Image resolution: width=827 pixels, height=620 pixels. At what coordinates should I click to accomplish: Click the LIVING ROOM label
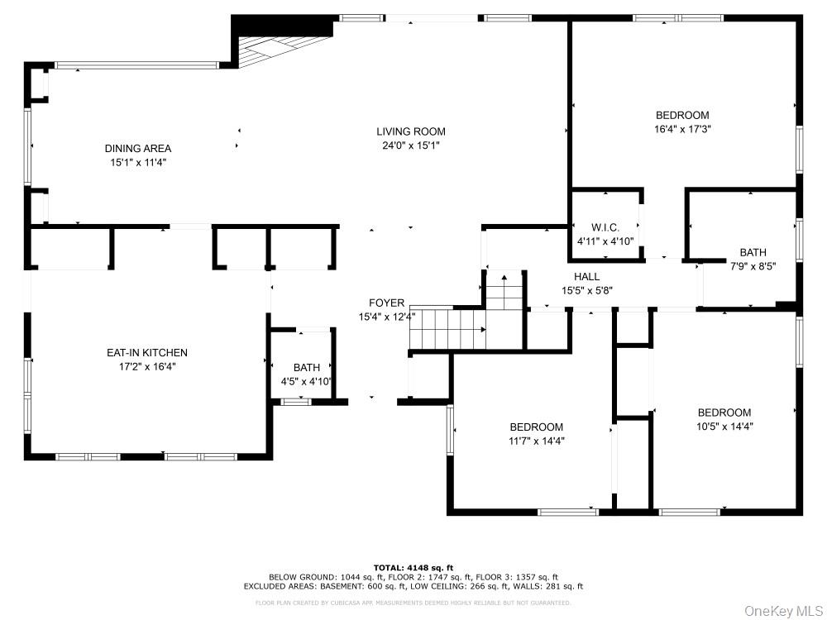point(411,131)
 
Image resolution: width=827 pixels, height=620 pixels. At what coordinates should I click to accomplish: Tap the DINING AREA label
point(138,149)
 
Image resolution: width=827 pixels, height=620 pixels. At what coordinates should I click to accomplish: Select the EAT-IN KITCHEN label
point(147,353)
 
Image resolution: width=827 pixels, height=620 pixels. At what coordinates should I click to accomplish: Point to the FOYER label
point(386,303)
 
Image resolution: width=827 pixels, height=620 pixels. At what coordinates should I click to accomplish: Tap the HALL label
point(587,276)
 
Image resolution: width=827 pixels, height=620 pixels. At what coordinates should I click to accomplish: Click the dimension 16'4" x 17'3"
point(682,129)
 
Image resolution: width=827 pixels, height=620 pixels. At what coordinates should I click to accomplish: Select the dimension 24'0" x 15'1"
point(411,145)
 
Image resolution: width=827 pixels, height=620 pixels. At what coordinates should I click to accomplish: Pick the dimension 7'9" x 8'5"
point(753,266)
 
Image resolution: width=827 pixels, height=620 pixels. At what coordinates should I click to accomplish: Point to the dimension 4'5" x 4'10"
point(307,381)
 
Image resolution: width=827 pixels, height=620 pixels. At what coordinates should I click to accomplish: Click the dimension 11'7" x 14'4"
point(536,441)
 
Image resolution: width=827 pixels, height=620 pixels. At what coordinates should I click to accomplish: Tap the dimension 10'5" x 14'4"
point(724,427)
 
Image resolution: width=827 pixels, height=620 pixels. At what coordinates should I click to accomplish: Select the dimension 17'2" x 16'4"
point(147,366)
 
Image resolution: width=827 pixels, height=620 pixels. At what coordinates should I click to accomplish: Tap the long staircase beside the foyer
point(447,328)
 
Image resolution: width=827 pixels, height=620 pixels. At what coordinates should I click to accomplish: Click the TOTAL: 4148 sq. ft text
point(413,567)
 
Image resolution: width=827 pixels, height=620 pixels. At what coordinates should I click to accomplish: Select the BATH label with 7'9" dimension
point(753,252)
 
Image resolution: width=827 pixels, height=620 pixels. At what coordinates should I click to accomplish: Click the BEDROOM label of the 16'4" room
point(682,115)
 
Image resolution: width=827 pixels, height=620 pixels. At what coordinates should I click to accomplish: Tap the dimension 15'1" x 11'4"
point(138,163)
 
